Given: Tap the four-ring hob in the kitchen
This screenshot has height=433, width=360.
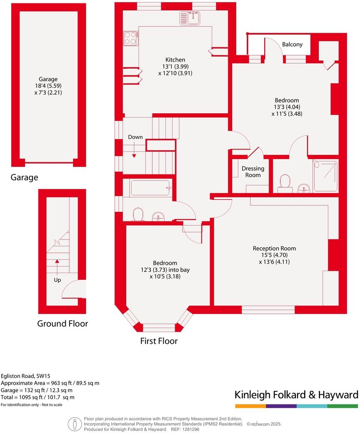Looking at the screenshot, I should (130, 38).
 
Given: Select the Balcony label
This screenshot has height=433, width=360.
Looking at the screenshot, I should (292, 45).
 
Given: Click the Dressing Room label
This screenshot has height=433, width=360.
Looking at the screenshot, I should (253, 172).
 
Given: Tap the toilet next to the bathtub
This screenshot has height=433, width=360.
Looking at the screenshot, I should (137, 214).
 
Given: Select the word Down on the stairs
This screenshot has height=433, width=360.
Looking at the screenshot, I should (135, 137).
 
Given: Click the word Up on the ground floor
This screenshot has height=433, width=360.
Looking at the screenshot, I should (57, 280).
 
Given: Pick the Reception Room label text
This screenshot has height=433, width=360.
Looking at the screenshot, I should (274, 249).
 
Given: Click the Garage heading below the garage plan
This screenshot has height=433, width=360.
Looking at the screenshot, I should (24, 178).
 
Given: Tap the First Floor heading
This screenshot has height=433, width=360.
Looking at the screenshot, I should (159, 341).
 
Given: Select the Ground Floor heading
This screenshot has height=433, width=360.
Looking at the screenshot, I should (62, 324).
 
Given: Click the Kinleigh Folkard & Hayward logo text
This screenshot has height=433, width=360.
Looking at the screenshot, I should (296, 395).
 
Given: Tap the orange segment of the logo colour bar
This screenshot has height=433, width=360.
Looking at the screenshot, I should (250, 406).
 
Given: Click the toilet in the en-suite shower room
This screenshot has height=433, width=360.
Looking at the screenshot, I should (285, 182).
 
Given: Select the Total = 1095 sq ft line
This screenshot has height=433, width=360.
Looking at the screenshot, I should (37, 397).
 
